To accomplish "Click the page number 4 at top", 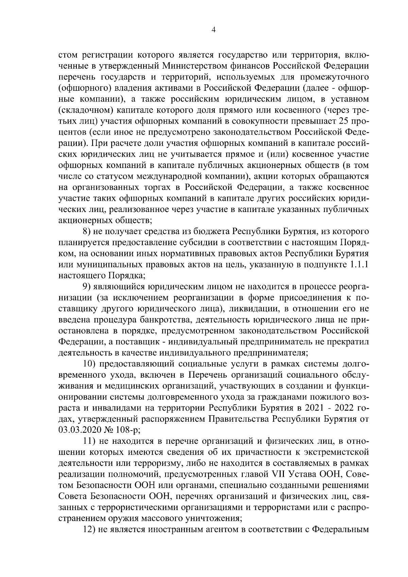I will click(213, 30).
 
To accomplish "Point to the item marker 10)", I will click(91, 364).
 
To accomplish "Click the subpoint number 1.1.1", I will click(359, 265).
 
